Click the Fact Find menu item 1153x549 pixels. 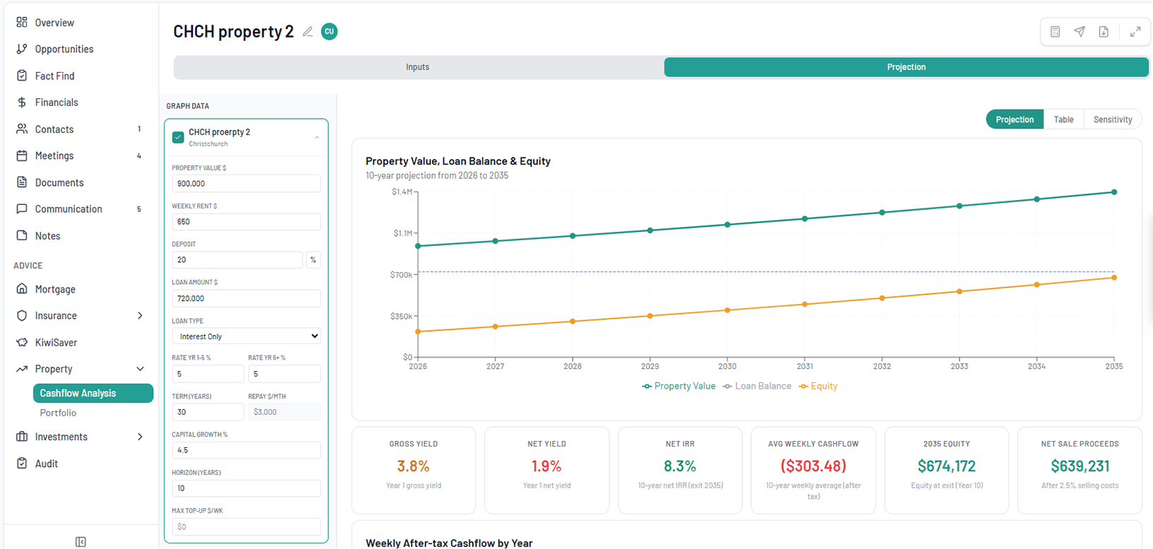54,76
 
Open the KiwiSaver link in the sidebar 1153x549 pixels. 56,342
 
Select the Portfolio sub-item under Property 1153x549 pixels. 58,413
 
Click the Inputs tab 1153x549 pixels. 417,67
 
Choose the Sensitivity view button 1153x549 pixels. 1112,119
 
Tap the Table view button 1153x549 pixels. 1063,119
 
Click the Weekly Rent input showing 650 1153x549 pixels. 246,222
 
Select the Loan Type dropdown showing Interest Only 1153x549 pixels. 246,336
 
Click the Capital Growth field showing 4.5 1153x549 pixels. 246,450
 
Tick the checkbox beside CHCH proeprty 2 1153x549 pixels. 178,137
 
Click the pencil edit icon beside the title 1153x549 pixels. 308,32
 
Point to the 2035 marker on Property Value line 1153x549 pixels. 1114,192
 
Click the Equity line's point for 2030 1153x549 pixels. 727,310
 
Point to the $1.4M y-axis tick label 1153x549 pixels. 402,192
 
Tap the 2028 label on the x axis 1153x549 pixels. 573,366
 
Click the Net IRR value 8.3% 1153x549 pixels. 680,466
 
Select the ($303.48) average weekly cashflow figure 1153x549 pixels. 813,466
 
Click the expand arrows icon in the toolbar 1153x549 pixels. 1135,32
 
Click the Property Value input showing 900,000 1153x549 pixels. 246,184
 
